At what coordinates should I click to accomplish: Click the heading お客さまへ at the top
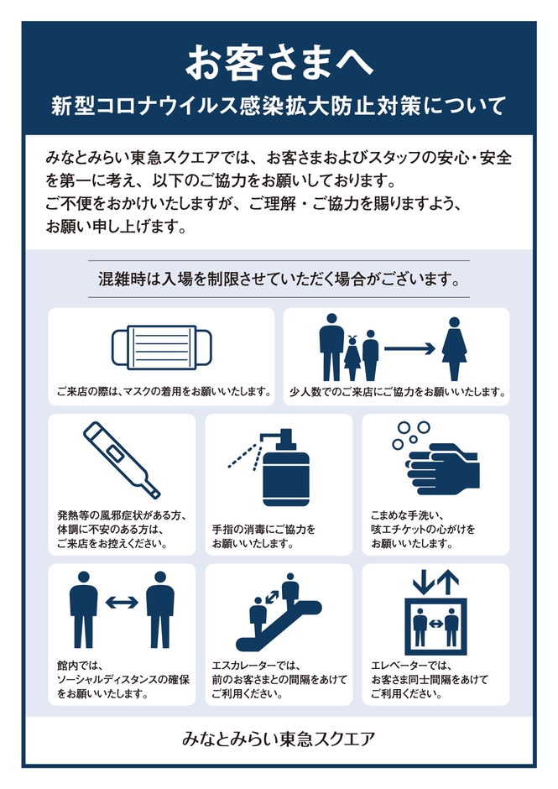pos(278,61)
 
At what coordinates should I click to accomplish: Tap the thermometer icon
pos(122,460)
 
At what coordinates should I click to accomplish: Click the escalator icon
pos(282,605)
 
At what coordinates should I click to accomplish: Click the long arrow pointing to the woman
pos(409,348)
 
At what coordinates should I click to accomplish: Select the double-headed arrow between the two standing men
pos(122,602)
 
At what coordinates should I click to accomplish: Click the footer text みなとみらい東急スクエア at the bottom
pos(279,739)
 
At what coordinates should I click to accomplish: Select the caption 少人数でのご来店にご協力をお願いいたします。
pos(396,391)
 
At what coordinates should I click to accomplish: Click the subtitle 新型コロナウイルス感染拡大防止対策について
pos(278,107)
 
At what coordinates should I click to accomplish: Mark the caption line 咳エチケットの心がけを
pos(423,529)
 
